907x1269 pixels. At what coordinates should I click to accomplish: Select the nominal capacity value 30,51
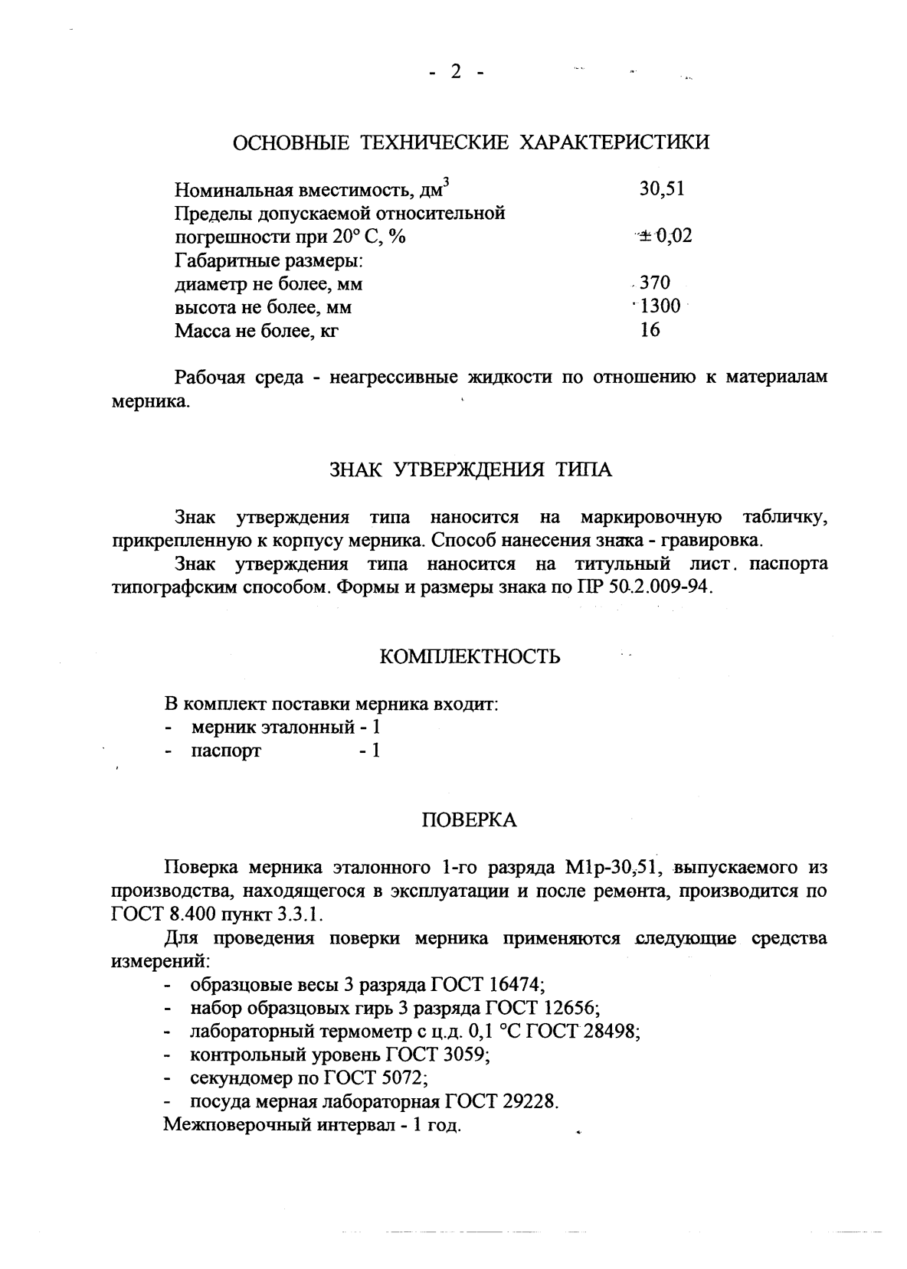(x=662, y=188)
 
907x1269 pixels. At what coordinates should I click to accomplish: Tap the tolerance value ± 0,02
(x=664, y=236)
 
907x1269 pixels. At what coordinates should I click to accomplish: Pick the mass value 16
(x=650, y=330)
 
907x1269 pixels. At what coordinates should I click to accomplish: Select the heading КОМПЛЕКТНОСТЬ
(x=470, y=656)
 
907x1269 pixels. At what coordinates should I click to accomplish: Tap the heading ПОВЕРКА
(x=470, y=821)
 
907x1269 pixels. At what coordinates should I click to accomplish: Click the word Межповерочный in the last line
(x=237, y=1126)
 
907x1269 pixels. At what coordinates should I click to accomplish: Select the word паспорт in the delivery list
(x=226, y=751)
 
